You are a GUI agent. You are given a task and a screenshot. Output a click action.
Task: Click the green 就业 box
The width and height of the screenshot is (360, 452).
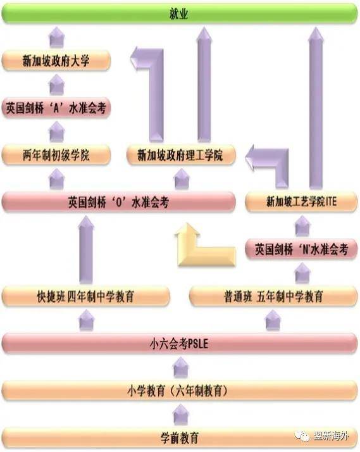click(180, 13)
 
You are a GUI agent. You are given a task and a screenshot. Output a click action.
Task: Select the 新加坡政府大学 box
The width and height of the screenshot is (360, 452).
click(56, 61)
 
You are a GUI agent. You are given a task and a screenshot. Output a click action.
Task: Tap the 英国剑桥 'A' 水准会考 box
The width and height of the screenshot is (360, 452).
click(56, 108)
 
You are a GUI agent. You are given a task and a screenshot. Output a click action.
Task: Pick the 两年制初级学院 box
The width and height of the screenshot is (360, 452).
click(56, 155)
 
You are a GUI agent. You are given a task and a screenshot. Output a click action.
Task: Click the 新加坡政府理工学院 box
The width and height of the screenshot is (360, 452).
click(181, 155)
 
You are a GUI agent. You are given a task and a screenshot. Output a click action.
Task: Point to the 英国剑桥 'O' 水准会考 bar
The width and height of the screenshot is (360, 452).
click(119, 202)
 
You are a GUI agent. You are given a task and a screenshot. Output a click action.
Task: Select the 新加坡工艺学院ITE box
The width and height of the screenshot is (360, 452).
click(301, 202)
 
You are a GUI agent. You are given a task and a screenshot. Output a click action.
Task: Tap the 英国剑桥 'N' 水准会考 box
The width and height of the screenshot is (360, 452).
click(301, 249)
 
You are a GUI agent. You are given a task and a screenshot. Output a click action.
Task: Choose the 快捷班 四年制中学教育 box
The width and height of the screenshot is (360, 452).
click(86, 296)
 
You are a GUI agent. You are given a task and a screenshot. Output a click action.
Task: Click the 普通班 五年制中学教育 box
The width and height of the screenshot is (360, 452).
click(273, 296)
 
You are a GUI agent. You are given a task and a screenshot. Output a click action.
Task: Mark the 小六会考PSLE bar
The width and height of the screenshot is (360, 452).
click(180, 343)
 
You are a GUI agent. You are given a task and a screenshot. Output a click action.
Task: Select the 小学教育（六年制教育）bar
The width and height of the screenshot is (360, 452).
click(180, 391)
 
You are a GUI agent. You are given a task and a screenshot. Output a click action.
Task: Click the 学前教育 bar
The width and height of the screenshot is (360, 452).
click(180, 438)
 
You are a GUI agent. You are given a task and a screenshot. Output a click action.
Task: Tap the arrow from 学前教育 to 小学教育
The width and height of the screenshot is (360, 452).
click(180, 415)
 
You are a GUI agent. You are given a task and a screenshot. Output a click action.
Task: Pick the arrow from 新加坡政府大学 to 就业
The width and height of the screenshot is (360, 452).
click(57, 37)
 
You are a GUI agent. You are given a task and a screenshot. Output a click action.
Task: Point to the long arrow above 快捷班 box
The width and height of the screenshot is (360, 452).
click(86, 249)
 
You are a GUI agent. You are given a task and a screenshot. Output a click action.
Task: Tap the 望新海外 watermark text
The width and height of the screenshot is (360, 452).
click(331, 436)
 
